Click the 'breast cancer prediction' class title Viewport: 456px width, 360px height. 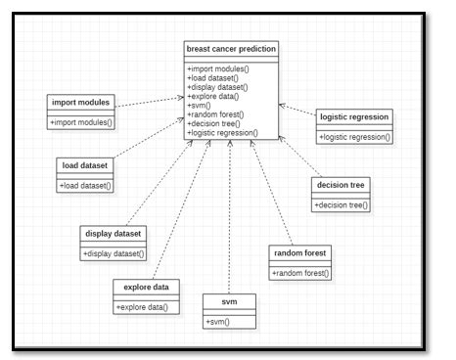[x=230, y=49]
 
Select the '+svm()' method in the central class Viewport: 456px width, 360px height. [x=199, y=107]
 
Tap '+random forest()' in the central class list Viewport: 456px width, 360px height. [x=215, y=115]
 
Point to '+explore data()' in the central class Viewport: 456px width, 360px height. [x=212, y=98]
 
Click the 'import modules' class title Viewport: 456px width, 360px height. [x=81, y=103]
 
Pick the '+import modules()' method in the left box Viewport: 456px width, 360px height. [x=82, y=122]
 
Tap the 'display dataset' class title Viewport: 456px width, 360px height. [x=114, y=234]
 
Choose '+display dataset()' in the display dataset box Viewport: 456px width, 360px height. [x=114, y=254]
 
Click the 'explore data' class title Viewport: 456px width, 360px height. [x=144, y=288]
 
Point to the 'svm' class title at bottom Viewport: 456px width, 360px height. [x=229, y=300]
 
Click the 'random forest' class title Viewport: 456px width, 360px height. [x=301, y=253]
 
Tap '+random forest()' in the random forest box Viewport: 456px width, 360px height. [x=301, y=273]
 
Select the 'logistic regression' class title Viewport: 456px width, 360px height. [x=354, y=116]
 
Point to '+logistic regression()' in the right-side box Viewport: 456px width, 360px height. [x=354, y=137]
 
